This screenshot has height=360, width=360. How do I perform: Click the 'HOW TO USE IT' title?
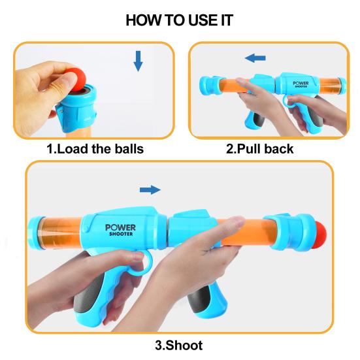180,20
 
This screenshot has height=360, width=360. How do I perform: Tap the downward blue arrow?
138,61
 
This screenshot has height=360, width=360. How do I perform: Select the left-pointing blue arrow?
255,58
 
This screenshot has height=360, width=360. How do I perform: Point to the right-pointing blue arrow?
150,190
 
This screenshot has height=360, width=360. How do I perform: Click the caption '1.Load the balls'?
95,149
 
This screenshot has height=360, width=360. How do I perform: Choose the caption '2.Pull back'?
259,149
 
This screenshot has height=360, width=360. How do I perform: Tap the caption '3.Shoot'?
179,345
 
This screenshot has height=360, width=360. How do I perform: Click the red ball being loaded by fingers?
76,78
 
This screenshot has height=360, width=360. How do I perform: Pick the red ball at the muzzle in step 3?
321,234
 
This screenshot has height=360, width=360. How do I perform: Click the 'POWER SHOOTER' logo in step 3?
120,230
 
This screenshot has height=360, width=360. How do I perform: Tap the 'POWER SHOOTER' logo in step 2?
301,84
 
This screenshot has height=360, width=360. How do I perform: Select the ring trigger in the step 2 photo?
288,101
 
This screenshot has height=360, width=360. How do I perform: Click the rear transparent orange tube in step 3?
59,234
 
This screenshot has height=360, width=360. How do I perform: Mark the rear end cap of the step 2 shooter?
342,86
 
